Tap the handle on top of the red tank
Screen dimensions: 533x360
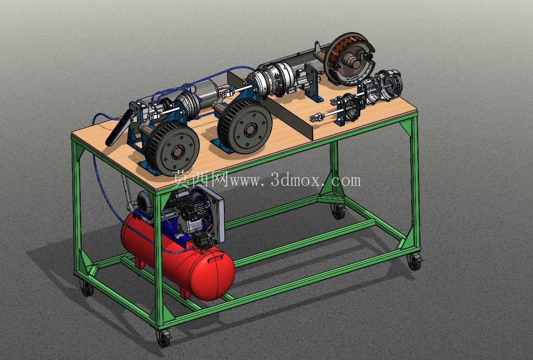coord(216,258)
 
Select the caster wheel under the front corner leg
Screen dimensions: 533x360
coord(164,338)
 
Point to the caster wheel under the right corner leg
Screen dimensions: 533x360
coord(415,261)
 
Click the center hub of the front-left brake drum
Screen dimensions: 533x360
coord(176,153)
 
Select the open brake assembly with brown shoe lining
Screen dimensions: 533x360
coord(349,59)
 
